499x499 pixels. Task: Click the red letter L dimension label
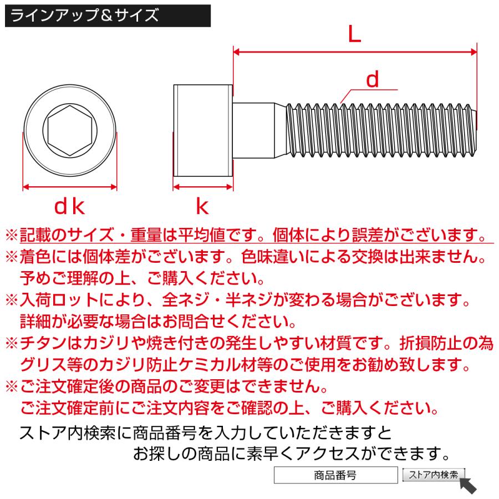[354, 35]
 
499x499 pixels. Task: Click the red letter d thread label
[373, 80]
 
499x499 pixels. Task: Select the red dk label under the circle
[69, 207]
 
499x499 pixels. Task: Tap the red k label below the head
[202, 207]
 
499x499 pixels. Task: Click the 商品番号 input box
[334, 475]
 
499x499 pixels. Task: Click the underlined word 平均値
[202, 235]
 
